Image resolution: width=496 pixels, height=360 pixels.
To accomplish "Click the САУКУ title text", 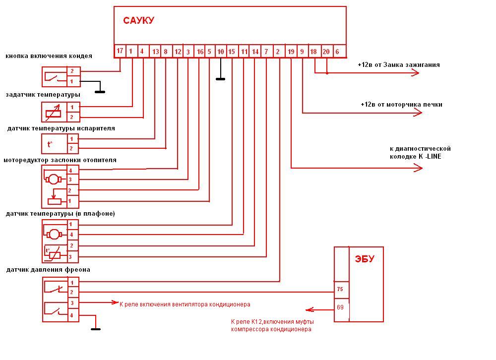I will (x=138, y=20).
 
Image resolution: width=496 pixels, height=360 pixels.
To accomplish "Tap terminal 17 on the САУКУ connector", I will (x=120, y=51).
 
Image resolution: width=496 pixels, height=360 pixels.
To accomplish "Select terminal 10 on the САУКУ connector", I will (x=221, y=52).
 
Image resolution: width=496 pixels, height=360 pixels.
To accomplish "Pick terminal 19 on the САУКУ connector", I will (x=291, y=52).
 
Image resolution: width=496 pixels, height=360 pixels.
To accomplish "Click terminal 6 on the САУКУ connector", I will (x=337, y=52).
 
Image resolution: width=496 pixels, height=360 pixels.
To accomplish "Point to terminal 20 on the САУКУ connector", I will (x=326, y=52).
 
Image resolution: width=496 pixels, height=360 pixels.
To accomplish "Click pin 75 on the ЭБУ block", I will (x=340, y=289).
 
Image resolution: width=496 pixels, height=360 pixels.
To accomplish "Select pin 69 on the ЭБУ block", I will (x=340, y=307).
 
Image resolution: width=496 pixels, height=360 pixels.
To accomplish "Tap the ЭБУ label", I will (x=365, y=259).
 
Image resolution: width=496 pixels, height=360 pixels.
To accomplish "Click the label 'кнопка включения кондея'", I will (x=49, y=56).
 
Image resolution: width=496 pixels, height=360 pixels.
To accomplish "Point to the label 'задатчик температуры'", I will (x=43, y=94).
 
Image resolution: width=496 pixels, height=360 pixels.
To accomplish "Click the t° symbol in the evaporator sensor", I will (x=50, y=144).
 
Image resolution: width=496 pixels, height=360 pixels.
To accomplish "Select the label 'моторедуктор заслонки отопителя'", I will (x=60, y=160).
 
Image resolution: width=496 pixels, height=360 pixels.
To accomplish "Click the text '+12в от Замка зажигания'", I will (x=398, y=65).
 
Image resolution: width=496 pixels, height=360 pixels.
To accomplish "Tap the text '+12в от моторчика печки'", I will (x=401, y=105).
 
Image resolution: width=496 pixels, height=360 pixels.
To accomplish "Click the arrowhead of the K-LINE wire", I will (x=419, y=169).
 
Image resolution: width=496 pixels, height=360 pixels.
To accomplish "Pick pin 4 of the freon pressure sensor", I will (x=72, y=315).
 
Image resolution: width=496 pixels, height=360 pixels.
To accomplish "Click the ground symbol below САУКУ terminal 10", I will (x=220, y=78).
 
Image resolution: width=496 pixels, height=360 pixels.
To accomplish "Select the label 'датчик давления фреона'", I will (x=48, y=270).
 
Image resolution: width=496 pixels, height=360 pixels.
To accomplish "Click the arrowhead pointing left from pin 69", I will (x=309, y=310).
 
